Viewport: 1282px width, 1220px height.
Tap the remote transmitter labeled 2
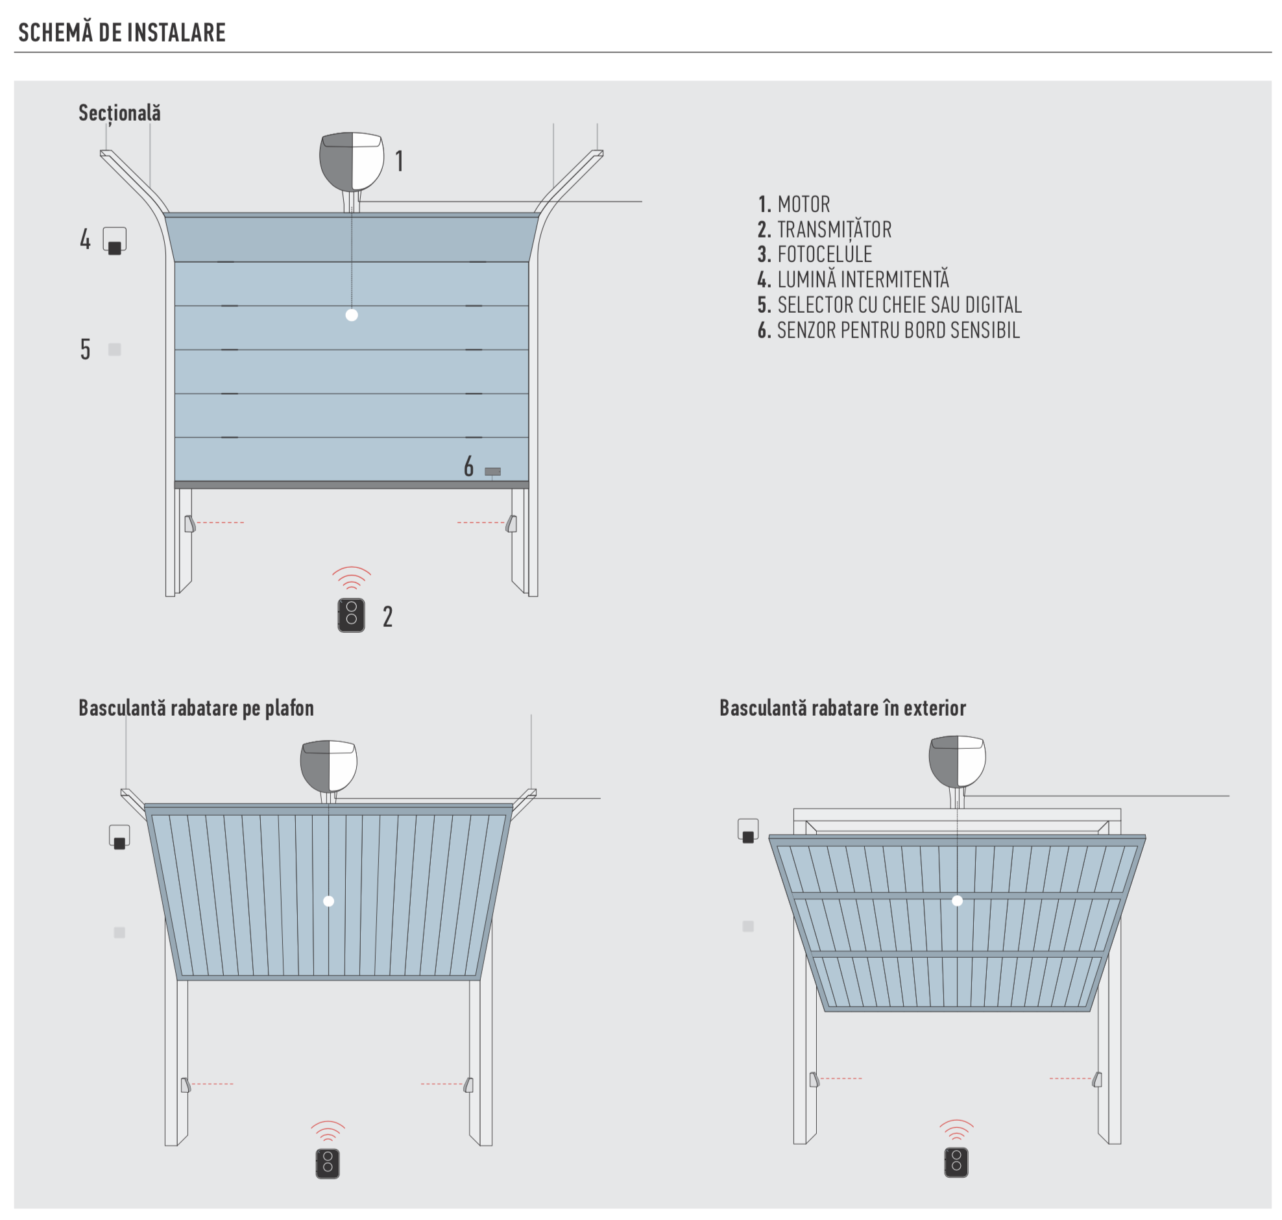351,615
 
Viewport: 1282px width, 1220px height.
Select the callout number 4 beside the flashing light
85,239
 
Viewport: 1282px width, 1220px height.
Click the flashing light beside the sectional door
114,241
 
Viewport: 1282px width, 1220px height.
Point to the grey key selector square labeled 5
114,349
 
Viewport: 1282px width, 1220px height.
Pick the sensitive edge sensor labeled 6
493,472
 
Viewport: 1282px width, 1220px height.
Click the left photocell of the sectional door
189,524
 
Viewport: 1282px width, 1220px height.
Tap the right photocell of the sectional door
512,524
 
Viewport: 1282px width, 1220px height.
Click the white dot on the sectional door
352,315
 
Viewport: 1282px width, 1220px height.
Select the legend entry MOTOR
803,205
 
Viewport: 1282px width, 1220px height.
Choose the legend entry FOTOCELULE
824,255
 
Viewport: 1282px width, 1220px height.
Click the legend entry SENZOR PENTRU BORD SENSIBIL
897,330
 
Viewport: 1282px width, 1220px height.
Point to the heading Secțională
119,113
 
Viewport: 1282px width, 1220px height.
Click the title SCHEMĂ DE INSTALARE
122,32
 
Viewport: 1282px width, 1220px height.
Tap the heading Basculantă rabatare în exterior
843,708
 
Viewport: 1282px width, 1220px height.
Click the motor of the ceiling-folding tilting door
329,766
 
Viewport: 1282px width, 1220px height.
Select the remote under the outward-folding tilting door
956,1163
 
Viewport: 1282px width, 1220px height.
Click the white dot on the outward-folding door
957,901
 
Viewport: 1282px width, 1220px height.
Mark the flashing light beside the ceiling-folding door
119,837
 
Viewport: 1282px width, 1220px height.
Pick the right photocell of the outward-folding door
1097,1080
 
